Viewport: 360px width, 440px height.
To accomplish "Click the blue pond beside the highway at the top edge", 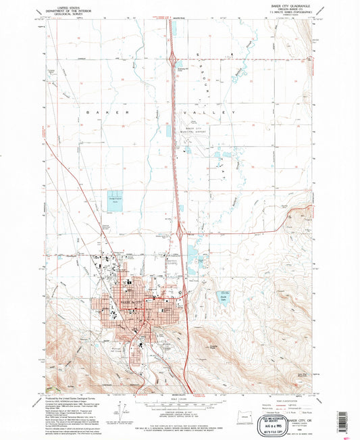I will click(x=172, y=29).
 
